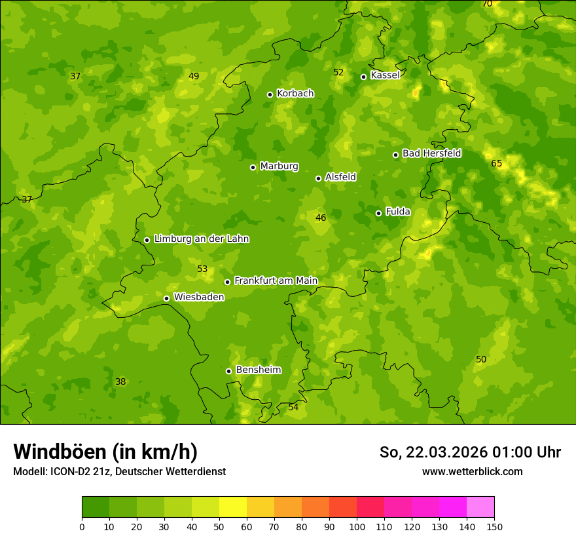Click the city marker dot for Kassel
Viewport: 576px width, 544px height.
click(364, 77)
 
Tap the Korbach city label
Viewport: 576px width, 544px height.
click(295, 94)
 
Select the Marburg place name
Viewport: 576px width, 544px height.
click(279, 166)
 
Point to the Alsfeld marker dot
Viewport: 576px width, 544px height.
click(319, 178)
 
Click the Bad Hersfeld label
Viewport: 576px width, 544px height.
click(431, 153)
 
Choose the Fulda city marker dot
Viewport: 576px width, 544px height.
click(378, 213)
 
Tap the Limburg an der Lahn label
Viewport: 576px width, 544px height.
click(201, 239)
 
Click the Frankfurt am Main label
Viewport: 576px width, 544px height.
click(276, 281)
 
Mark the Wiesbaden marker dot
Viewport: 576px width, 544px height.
click(167, 298)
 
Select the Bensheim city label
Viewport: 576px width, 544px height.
click(258, 370)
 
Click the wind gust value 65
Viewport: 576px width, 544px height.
click(496, 163)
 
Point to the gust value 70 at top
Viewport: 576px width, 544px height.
click(487, 4)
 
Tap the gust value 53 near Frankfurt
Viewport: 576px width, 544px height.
click(202, 269)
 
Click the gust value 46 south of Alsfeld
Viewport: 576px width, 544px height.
click(321, 218)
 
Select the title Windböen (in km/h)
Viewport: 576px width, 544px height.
click(105, 452)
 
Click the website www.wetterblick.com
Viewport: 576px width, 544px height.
click(472, 471)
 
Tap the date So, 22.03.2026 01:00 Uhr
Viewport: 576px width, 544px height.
click(470, 452)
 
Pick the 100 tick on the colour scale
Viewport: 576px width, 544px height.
click(357, 526)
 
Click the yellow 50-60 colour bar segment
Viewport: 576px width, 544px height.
click(233, 507)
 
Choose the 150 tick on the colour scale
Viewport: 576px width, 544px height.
click(494, 526)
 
